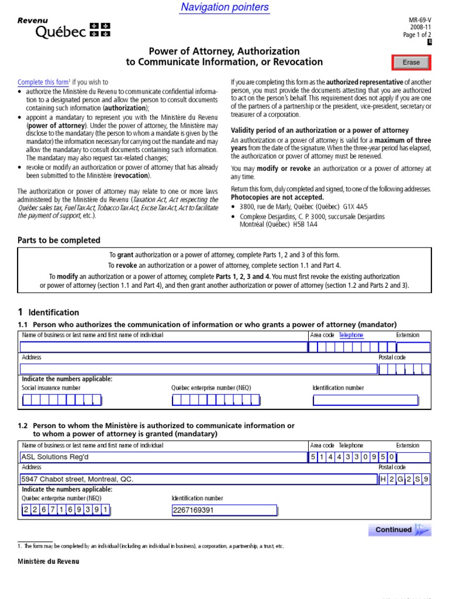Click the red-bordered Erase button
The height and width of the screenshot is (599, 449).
point(411,63)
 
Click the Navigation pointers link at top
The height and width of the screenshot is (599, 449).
point(224,7)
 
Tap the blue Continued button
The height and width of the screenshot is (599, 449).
point(399,530)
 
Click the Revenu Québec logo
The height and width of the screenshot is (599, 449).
point(63,29)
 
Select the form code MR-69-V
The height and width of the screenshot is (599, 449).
point(420,19)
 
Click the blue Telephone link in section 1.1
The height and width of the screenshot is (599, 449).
point(351,335)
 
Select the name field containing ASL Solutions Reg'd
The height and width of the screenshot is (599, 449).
point(163,457)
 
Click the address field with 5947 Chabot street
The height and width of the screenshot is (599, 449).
point(198,479)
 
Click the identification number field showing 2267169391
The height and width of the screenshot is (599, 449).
point(224,510)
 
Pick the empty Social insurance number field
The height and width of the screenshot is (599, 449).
point(61,401)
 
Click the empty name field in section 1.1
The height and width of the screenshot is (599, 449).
point(163,347)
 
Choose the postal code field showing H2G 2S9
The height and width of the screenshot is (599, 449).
point(405,480)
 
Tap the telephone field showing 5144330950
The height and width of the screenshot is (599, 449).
point(353,457)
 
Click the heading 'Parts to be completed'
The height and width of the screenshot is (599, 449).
point(59,240)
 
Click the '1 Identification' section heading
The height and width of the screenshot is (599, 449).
point(49,312)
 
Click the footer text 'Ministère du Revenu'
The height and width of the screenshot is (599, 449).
point(49,562)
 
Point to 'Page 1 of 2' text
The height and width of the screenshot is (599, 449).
point(417,35)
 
